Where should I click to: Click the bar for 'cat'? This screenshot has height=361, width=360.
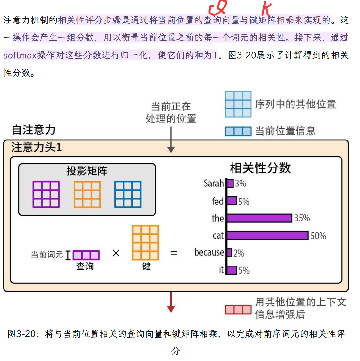[267, 235]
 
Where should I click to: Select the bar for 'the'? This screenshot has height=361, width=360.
[259, 218]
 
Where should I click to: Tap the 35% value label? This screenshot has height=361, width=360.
[302, 218]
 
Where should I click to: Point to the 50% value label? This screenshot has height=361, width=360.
[318, 236]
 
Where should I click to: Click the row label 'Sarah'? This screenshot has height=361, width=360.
[214, 183]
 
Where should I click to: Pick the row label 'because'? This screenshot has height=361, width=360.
[209, 252]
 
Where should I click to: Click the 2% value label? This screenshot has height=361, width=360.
[239, 253]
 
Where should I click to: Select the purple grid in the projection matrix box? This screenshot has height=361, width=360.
[46, 194]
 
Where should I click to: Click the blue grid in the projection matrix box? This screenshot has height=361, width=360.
[128, 194]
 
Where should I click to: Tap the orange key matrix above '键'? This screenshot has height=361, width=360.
[145, 243]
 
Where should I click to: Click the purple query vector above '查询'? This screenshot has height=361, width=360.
[86, 255]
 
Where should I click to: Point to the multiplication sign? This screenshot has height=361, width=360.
[116, 253]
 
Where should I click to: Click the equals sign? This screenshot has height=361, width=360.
[174, 253]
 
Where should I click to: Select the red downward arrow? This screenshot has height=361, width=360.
[171, 302]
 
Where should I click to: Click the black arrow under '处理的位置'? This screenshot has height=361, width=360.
[171, 140]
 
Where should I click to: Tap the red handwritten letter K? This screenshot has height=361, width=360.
[266, 9]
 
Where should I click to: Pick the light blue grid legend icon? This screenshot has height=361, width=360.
[238, 104]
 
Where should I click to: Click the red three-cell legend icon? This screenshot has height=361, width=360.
[238, 310]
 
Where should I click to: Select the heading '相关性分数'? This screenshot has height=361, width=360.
[260, 168]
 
